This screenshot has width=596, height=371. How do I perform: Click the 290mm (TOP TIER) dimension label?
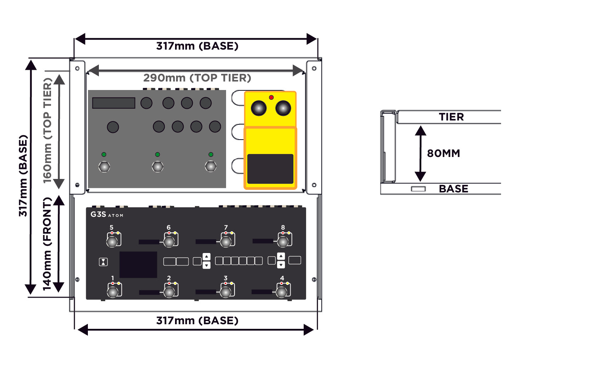(197, 78)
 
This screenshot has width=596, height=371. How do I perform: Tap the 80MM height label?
(443, 153)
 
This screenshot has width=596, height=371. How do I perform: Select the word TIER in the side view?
(451, 117)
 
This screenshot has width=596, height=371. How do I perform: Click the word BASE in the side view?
(454, 189)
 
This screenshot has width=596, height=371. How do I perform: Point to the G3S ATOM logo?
(107, 214)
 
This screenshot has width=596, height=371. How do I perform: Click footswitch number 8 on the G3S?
(283, 242)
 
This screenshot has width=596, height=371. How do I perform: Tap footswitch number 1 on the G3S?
(113, 292)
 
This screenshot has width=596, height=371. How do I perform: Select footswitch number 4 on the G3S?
(282, 292)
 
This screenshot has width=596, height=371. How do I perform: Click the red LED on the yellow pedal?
(271, 97)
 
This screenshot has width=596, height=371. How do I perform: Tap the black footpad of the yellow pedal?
(270, 169)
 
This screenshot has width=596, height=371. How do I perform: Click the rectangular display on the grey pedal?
(113, 103)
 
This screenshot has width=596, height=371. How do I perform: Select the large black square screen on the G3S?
(138, 265)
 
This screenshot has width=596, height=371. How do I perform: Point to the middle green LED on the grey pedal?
(157, 154)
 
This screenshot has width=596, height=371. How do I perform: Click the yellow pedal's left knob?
(259, 108)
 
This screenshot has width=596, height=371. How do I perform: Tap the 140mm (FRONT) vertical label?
(47, 244)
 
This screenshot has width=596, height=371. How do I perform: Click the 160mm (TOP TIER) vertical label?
(47, 130)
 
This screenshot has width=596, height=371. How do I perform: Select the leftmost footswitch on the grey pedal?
(104, 167)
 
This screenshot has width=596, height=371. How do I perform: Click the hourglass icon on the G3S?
(103, 262)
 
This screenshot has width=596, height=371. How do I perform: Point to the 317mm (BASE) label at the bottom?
(197, 321)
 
